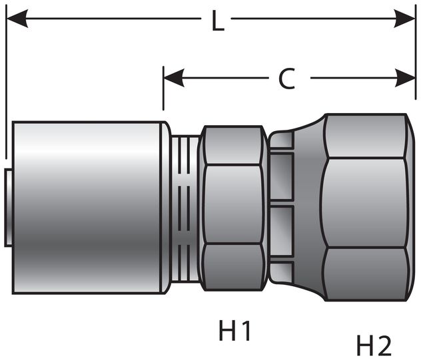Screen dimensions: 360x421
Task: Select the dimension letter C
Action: [286, 79]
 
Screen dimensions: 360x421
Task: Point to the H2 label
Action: [374, 345]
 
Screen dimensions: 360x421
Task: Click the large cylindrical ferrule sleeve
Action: [87, 206]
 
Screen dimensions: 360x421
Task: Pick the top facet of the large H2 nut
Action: [365, 136]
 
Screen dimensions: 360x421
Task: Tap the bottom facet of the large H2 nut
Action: [365, 273]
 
